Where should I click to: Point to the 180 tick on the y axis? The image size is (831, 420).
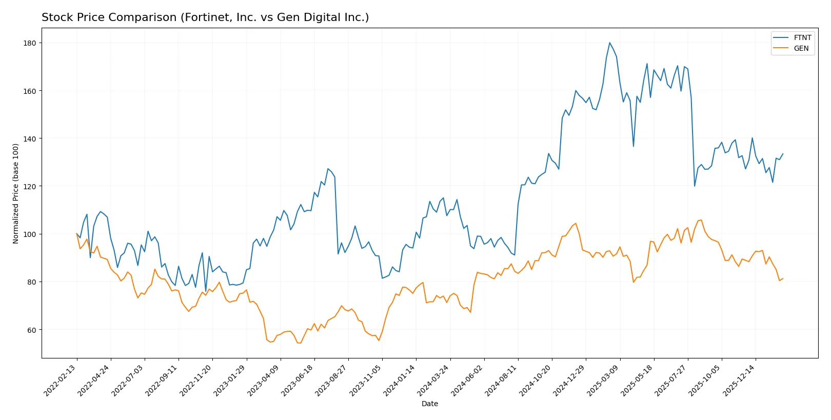click(30, 43)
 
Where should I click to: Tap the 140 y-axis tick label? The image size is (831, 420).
click(30, 138)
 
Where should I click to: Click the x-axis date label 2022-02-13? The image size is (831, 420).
click(61, 381)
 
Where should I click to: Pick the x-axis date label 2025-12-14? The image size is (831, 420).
click(739, 381)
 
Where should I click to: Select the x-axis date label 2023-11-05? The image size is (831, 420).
click(366, 381)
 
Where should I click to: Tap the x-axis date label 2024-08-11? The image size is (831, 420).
click(502, 381)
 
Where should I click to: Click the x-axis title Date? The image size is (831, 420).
click(429, 404)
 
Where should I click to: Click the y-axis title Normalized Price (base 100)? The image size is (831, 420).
click(15, 193)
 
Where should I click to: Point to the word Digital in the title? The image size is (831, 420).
click(314, 17)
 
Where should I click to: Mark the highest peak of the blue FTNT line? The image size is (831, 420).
click(609, 43)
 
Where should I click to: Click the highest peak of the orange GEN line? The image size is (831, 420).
click(701, 220)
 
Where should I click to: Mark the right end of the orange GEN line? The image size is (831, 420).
click(783, 278)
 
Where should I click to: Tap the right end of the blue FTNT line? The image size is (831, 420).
click(783, 153)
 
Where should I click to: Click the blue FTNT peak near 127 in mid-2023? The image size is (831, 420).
click(328, 169)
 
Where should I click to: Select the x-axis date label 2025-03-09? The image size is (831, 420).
click(603, 381)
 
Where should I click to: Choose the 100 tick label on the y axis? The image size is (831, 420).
click(30, 234)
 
